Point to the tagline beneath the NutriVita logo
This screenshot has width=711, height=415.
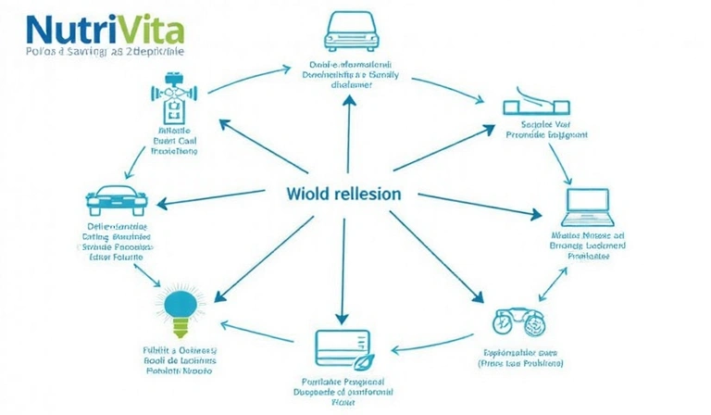click(x=93, y=53)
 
